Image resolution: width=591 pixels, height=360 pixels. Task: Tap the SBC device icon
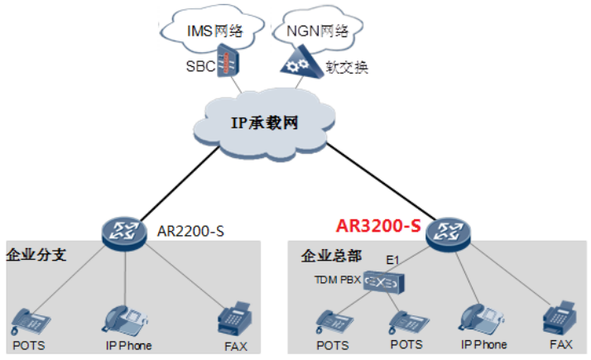pos(228,64)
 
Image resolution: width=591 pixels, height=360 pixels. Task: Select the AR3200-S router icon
pos(448,232)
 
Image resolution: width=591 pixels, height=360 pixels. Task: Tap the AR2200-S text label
pos(190,231)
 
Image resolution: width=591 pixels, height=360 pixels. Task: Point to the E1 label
pos(393,261)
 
